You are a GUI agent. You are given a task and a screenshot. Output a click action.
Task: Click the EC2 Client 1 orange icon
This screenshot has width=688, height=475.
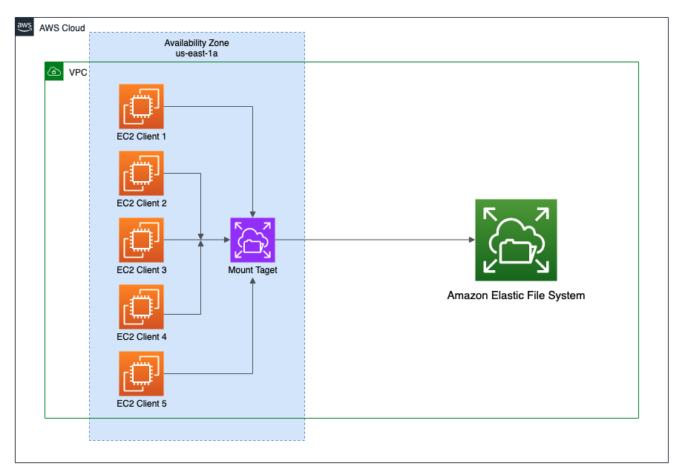(141, 106)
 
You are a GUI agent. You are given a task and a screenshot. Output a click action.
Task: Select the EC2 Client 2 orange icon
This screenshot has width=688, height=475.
(141, 173)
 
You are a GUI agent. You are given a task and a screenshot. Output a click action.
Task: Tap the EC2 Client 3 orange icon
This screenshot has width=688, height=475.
(141, 240)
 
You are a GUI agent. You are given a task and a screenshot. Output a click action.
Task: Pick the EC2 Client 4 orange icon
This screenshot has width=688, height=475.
(141, 307)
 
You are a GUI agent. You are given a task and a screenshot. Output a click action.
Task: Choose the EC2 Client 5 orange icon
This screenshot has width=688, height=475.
(141, 373)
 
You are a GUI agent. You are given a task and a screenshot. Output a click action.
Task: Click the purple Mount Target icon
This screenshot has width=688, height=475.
(252, 240)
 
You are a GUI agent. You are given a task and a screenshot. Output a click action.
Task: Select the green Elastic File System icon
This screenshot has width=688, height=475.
(516, 240)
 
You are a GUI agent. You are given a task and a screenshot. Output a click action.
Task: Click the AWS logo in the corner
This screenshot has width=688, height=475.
(24, 27)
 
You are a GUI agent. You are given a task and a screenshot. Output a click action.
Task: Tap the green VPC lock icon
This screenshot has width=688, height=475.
(54, 72)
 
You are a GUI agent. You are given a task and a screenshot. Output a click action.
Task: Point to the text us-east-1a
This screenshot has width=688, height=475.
(197, 55)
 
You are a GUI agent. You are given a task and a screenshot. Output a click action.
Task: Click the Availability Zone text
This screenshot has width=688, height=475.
(197, 43)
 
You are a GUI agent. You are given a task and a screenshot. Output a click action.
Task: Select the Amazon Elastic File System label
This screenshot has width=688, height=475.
(516, 295)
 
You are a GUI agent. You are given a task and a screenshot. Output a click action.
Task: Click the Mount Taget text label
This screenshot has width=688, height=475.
(252, 270)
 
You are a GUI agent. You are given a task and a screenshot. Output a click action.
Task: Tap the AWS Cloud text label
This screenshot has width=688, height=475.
(62, 28)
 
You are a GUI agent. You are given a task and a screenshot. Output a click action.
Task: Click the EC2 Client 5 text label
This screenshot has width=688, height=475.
(141, 404)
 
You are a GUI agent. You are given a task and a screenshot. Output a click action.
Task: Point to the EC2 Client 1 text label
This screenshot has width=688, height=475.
(141, 137)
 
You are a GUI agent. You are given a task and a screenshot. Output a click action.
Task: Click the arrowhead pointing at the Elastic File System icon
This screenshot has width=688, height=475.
(471, 240)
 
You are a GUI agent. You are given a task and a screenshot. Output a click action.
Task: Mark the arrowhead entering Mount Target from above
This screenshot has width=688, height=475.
(253, 214)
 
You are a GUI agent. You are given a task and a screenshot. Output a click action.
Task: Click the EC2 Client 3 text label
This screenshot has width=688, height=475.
(141, 270)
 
